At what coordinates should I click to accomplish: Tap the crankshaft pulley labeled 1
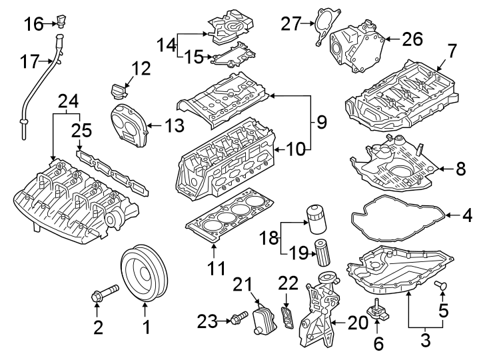click(x=145, y=276)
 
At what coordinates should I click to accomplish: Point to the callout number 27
click(x=291, y=24)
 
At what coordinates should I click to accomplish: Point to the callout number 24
click(x=68, y=101)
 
